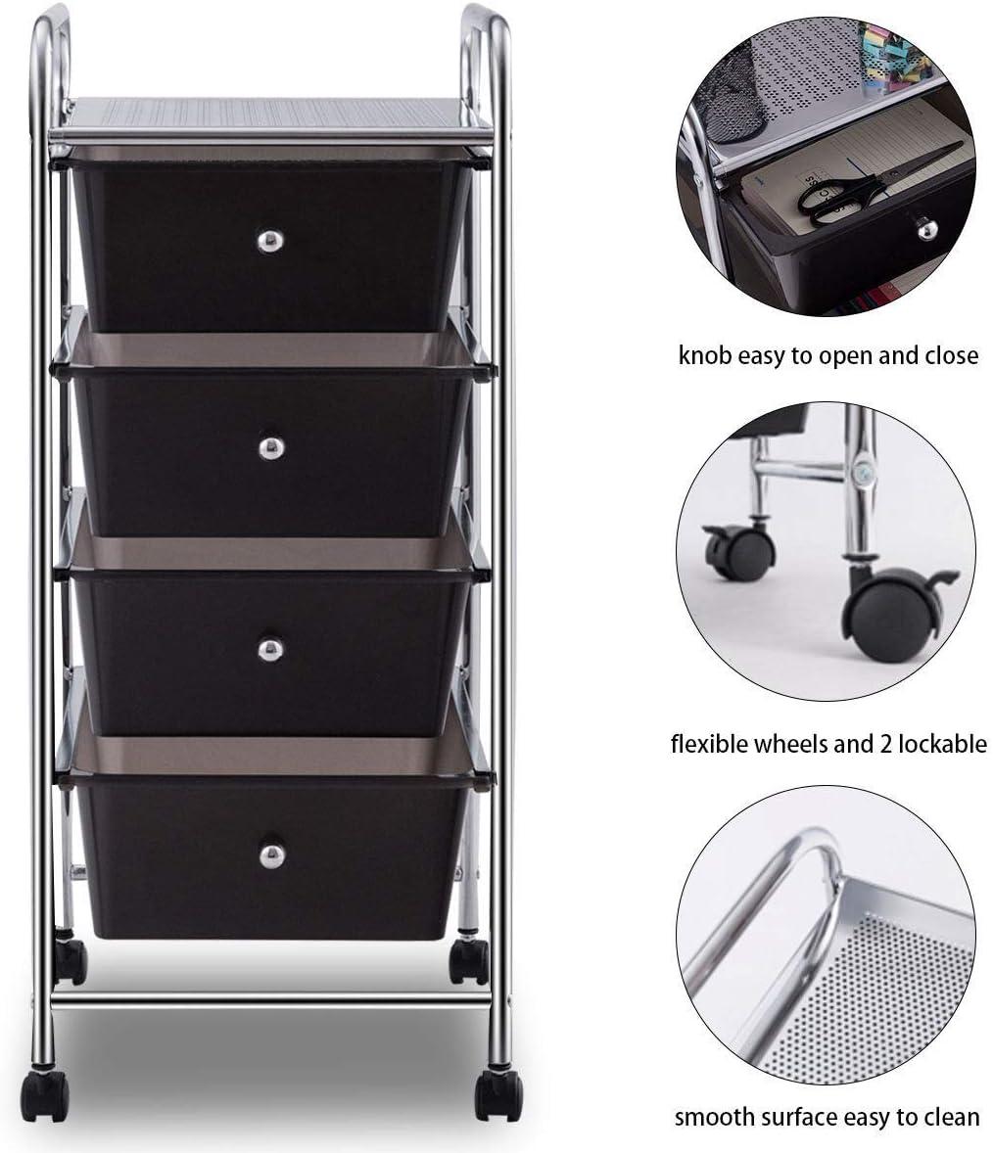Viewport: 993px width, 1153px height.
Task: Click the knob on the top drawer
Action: pos(270,241)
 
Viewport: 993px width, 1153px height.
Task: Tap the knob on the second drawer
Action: pos(271,448)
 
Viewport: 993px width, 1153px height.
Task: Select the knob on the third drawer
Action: pos(270,649)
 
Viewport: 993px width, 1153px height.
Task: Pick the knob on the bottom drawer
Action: pos(272,855)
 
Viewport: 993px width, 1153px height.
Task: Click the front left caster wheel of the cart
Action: pos(44,1095)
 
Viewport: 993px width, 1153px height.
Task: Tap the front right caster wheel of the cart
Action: pos(498,1094)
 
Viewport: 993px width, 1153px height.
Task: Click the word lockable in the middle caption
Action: pos(941,744)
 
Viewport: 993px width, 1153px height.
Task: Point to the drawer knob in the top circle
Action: pos(925,228)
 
